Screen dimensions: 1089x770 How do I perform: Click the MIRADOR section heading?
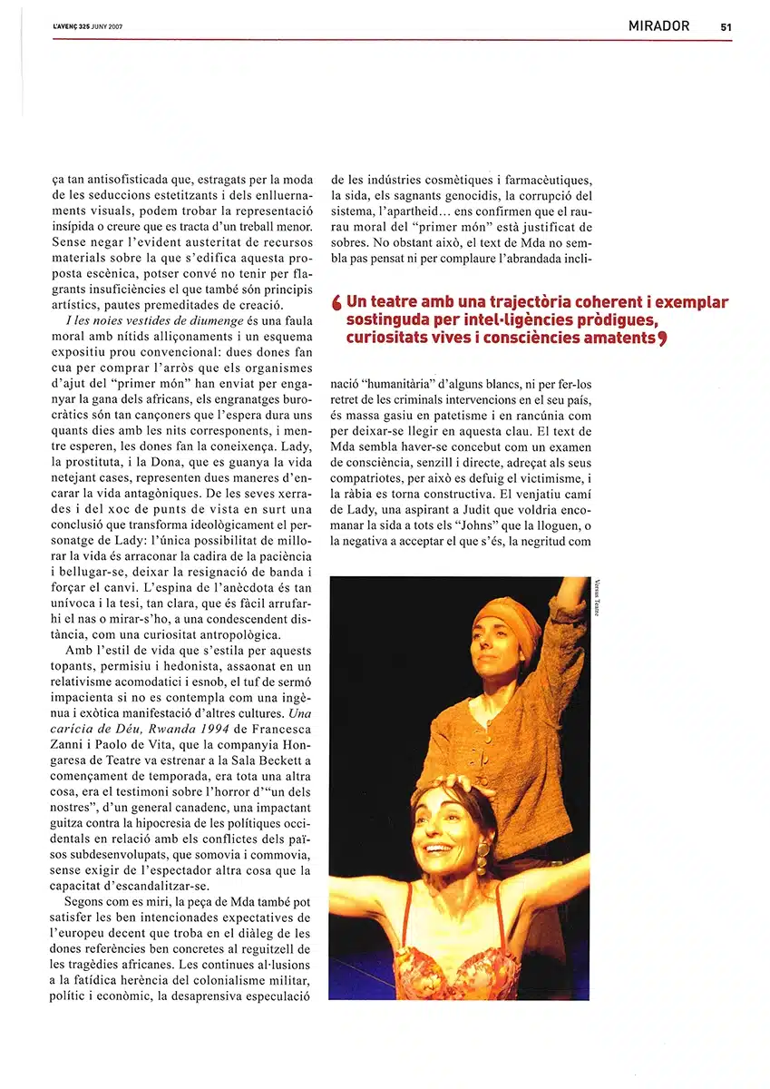658,26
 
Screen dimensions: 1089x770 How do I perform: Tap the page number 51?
726,27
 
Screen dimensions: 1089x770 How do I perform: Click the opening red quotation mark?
337,302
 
